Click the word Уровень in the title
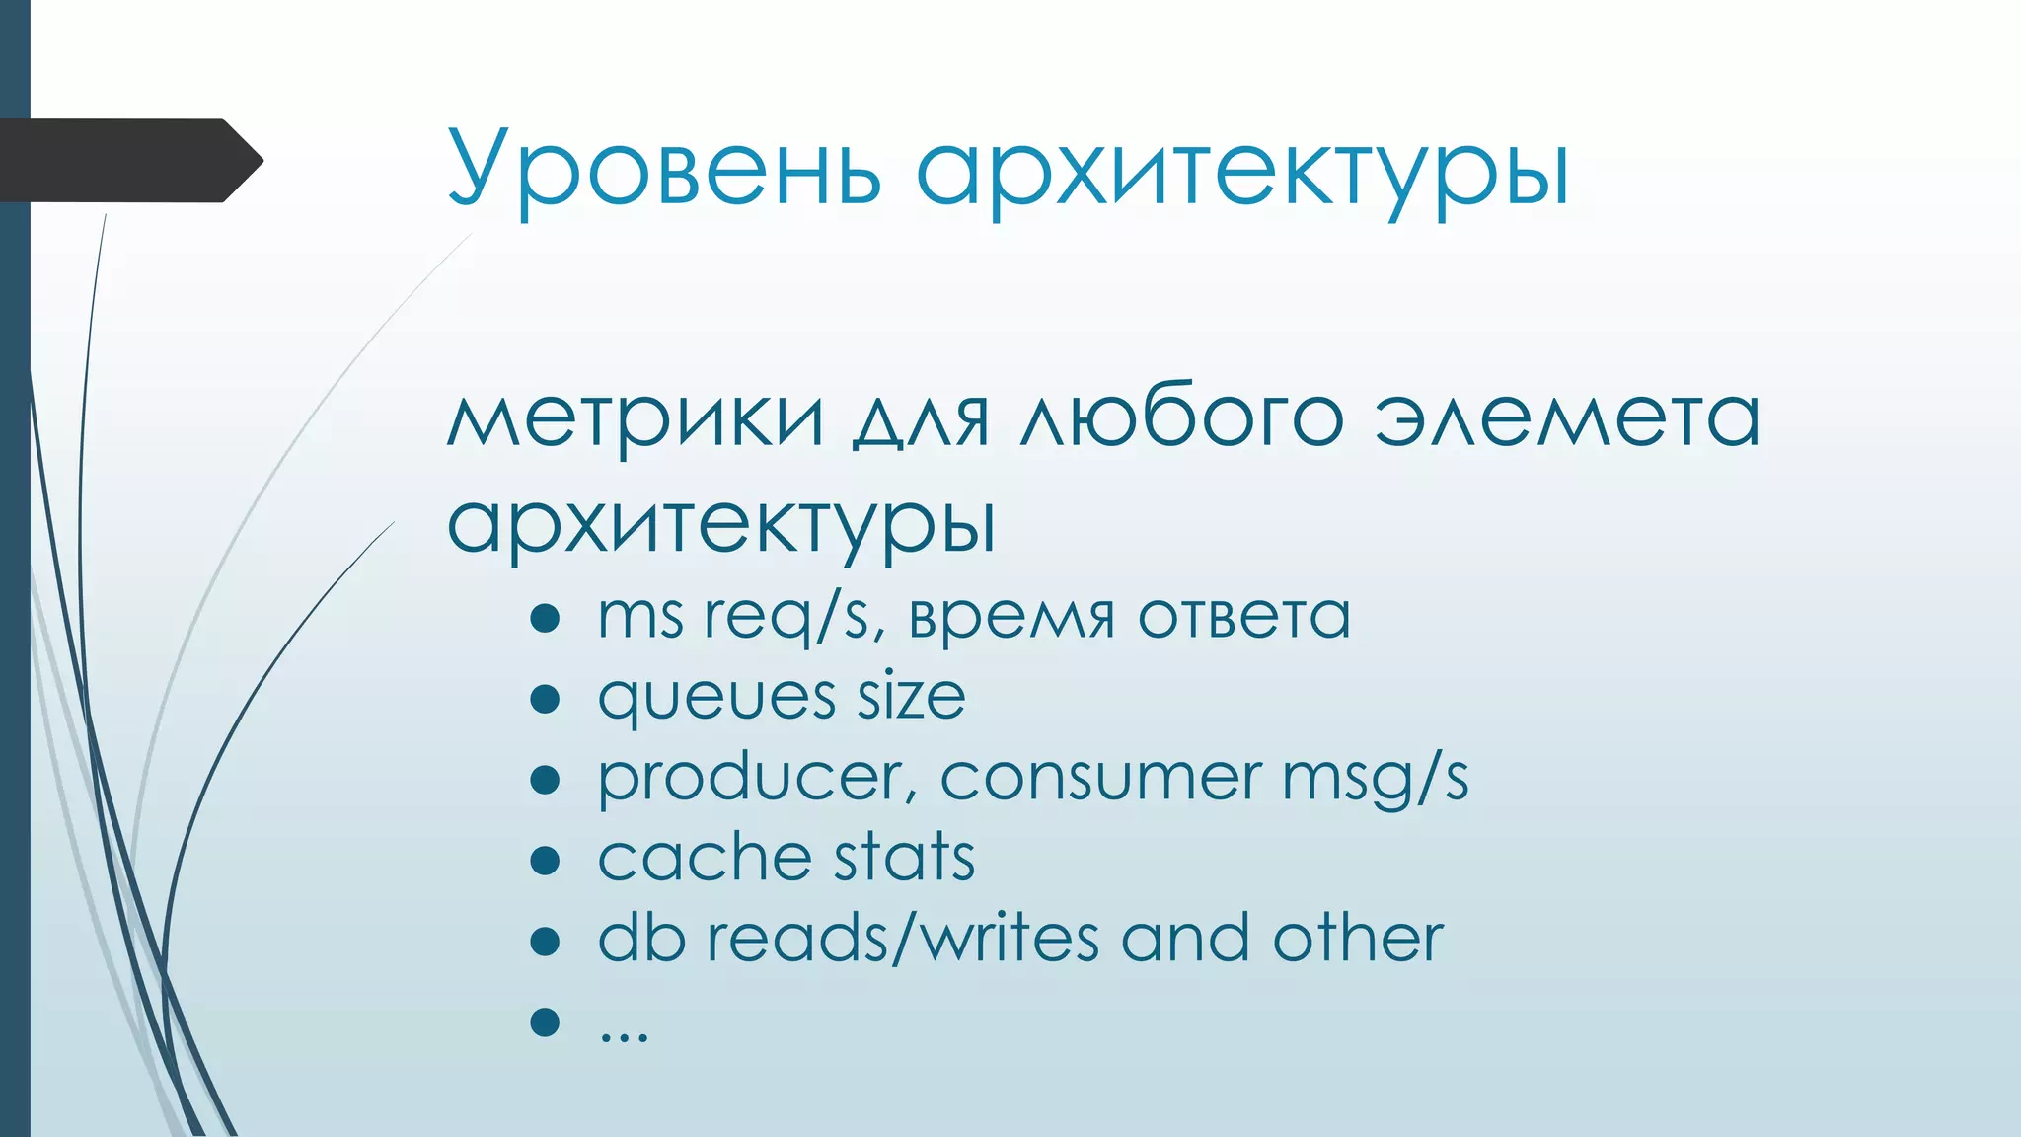663,168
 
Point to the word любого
1181,417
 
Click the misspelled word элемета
1567,417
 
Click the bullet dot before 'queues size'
545,700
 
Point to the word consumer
1100,778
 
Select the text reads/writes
902,938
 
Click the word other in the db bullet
1358,938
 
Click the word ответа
1243,618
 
